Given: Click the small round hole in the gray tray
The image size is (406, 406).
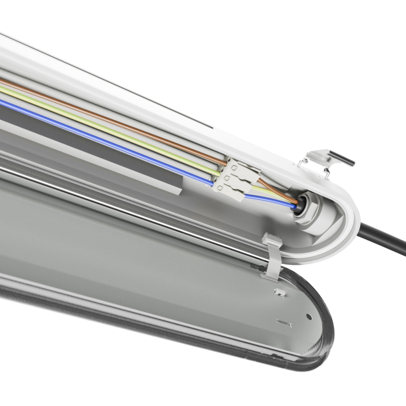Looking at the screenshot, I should coord(309,317).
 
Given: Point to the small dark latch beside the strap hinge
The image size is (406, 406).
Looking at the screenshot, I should coord(256,265).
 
